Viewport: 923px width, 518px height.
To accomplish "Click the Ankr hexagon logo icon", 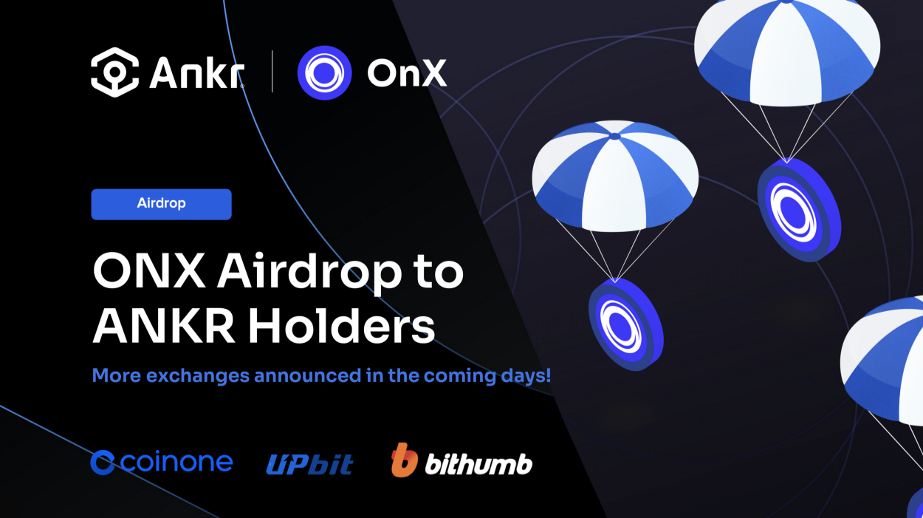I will coord(114,72).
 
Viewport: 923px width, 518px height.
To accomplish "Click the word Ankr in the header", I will coord(196,72).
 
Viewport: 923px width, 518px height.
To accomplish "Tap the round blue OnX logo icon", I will coord(324,72).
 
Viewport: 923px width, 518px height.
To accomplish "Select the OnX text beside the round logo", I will coord(407,72).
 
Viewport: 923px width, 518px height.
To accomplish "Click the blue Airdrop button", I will coord(161,204).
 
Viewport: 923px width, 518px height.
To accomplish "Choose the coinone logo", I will coord(162,463).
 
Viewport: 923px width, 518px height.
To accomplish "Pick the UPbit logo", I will coord(309,464).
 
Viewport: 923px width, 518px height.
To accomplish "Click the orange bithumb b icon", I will coord(404,460).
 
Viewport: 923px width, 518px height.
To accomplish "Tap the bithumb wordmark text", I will coord(478,464).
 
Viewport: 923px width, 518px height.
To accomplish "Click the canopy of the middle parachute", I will coord(614,174).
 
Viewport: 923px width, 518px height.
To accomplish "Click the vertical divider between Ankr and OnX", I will coord(272,72).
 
